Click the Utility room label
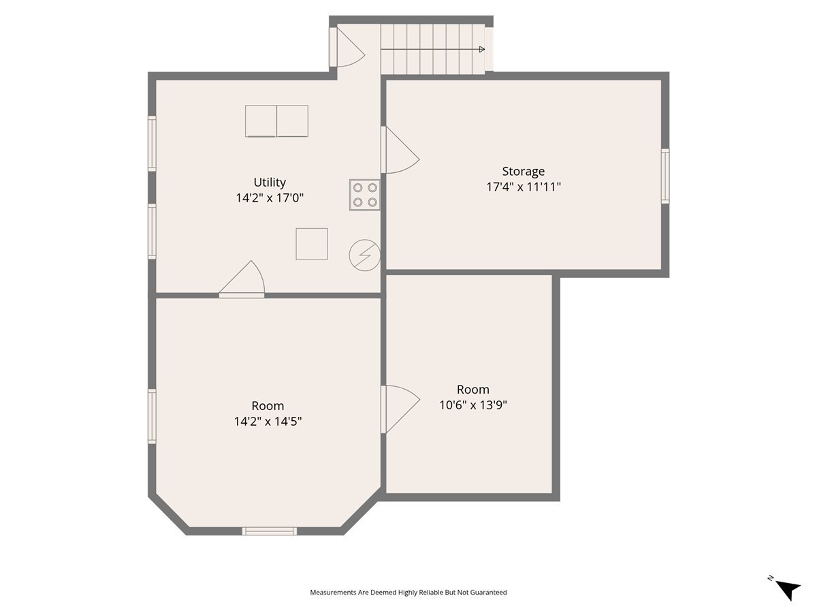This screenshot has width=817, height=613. pyautogui.click(x=270, y=182)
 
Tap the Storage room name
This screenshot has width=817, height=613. pyautogui.click(x=523, y=171)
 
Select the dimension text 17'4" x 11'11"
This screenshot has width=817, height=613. pyautogui.click(x=523, y=187)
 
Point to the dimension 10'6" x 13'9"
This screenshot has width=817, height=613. pyautogui.click(x=473, y=405)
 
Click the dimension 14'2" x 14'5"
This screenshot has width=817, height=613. pyautogui.click(x=268, y=421)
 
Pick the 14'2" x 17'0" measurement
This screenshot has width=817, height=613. pyautogui.click(x=270, y=198)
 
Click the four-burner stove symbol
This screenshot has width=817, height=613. pyautogui.click(x=365, y=195)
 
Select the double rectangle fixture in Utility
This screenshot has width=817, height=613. pyautogui.click(x=276, y=121)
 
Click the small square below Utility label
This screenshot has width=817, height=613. pyautogui.click(x=311, y=244)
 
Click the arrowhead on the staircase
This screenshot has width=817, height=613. pyautogui.click(x=481, y=49)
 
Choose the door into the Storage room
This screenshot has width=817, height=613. pyautogui.click(x=400, y=151)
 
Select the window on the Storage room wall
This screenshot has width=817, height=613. pyautogui.click(x=665, y=176)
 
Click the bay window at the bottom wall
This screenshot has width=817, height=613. pyautogui.click(x=270, y=531)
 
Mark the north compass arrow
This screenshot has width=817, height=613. pyautogui.click(x=788, y=588)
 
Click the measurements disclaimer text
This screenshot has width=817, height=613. pyautogui.click(x=408, y=593)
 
